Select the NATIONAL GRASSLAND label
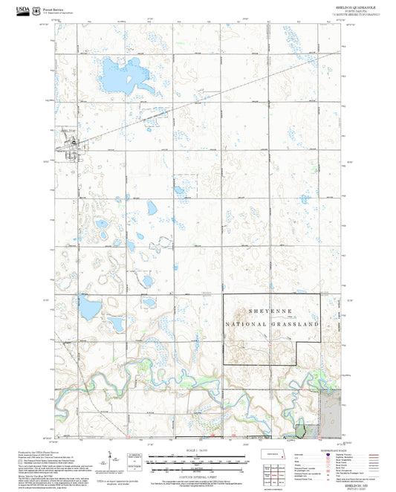coord(272,326)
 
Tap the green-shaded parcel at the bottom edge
coord(301,430)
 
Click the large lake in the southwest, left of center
coord(88,305)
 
